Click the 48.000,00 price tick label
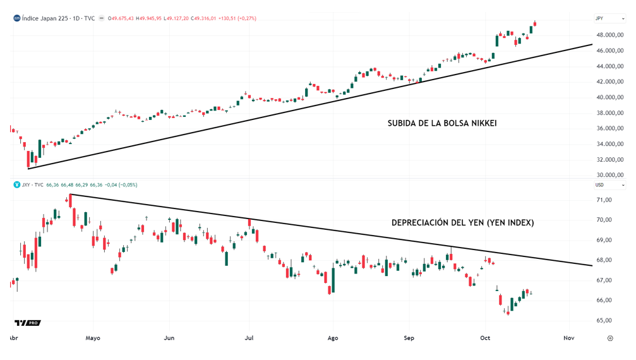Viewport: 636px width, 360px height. pyautogui.click(x=611, y=35)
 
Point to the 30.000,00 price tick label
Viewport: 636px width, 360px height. pyautogui.click(x=611, y=175)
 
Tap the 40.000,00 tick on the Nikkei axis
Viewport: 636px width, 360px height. pyautogui.click(x=611, y=97)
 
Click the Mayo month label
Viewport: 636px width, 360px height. pyautogui.click(x=93, y=338)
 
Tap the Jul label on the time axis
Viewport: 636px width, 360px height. pyautogui.click(x=249, y=338)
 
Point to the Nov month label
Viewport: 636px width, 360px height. pyautogui.click(x=568, y=338)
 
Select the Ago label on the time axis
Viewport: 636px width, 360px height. pyautogui.click(x=333, y=338)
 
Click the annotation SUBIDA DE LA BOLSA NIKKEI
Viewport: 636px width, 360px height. pyautogui.click(x=441, y=123)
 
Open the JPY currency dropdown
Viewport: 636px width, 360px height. pyautogui.click(x=609, y=18)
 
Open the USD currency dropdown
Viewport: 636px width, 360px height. pyautogui.click(x=609, y=185)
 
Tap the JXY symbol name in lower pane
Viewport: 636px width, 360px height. pyautogui.click(x=26, y=185)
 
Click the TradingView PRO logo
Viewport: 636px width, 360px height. pyautogui.click(x=27, y=323)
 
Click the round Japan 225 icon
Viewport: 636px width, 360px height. pyautogui.click(x=17, y=18)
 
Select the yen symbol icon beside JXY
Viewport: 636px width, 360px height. pyautogui.click(x=17, y=185)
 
